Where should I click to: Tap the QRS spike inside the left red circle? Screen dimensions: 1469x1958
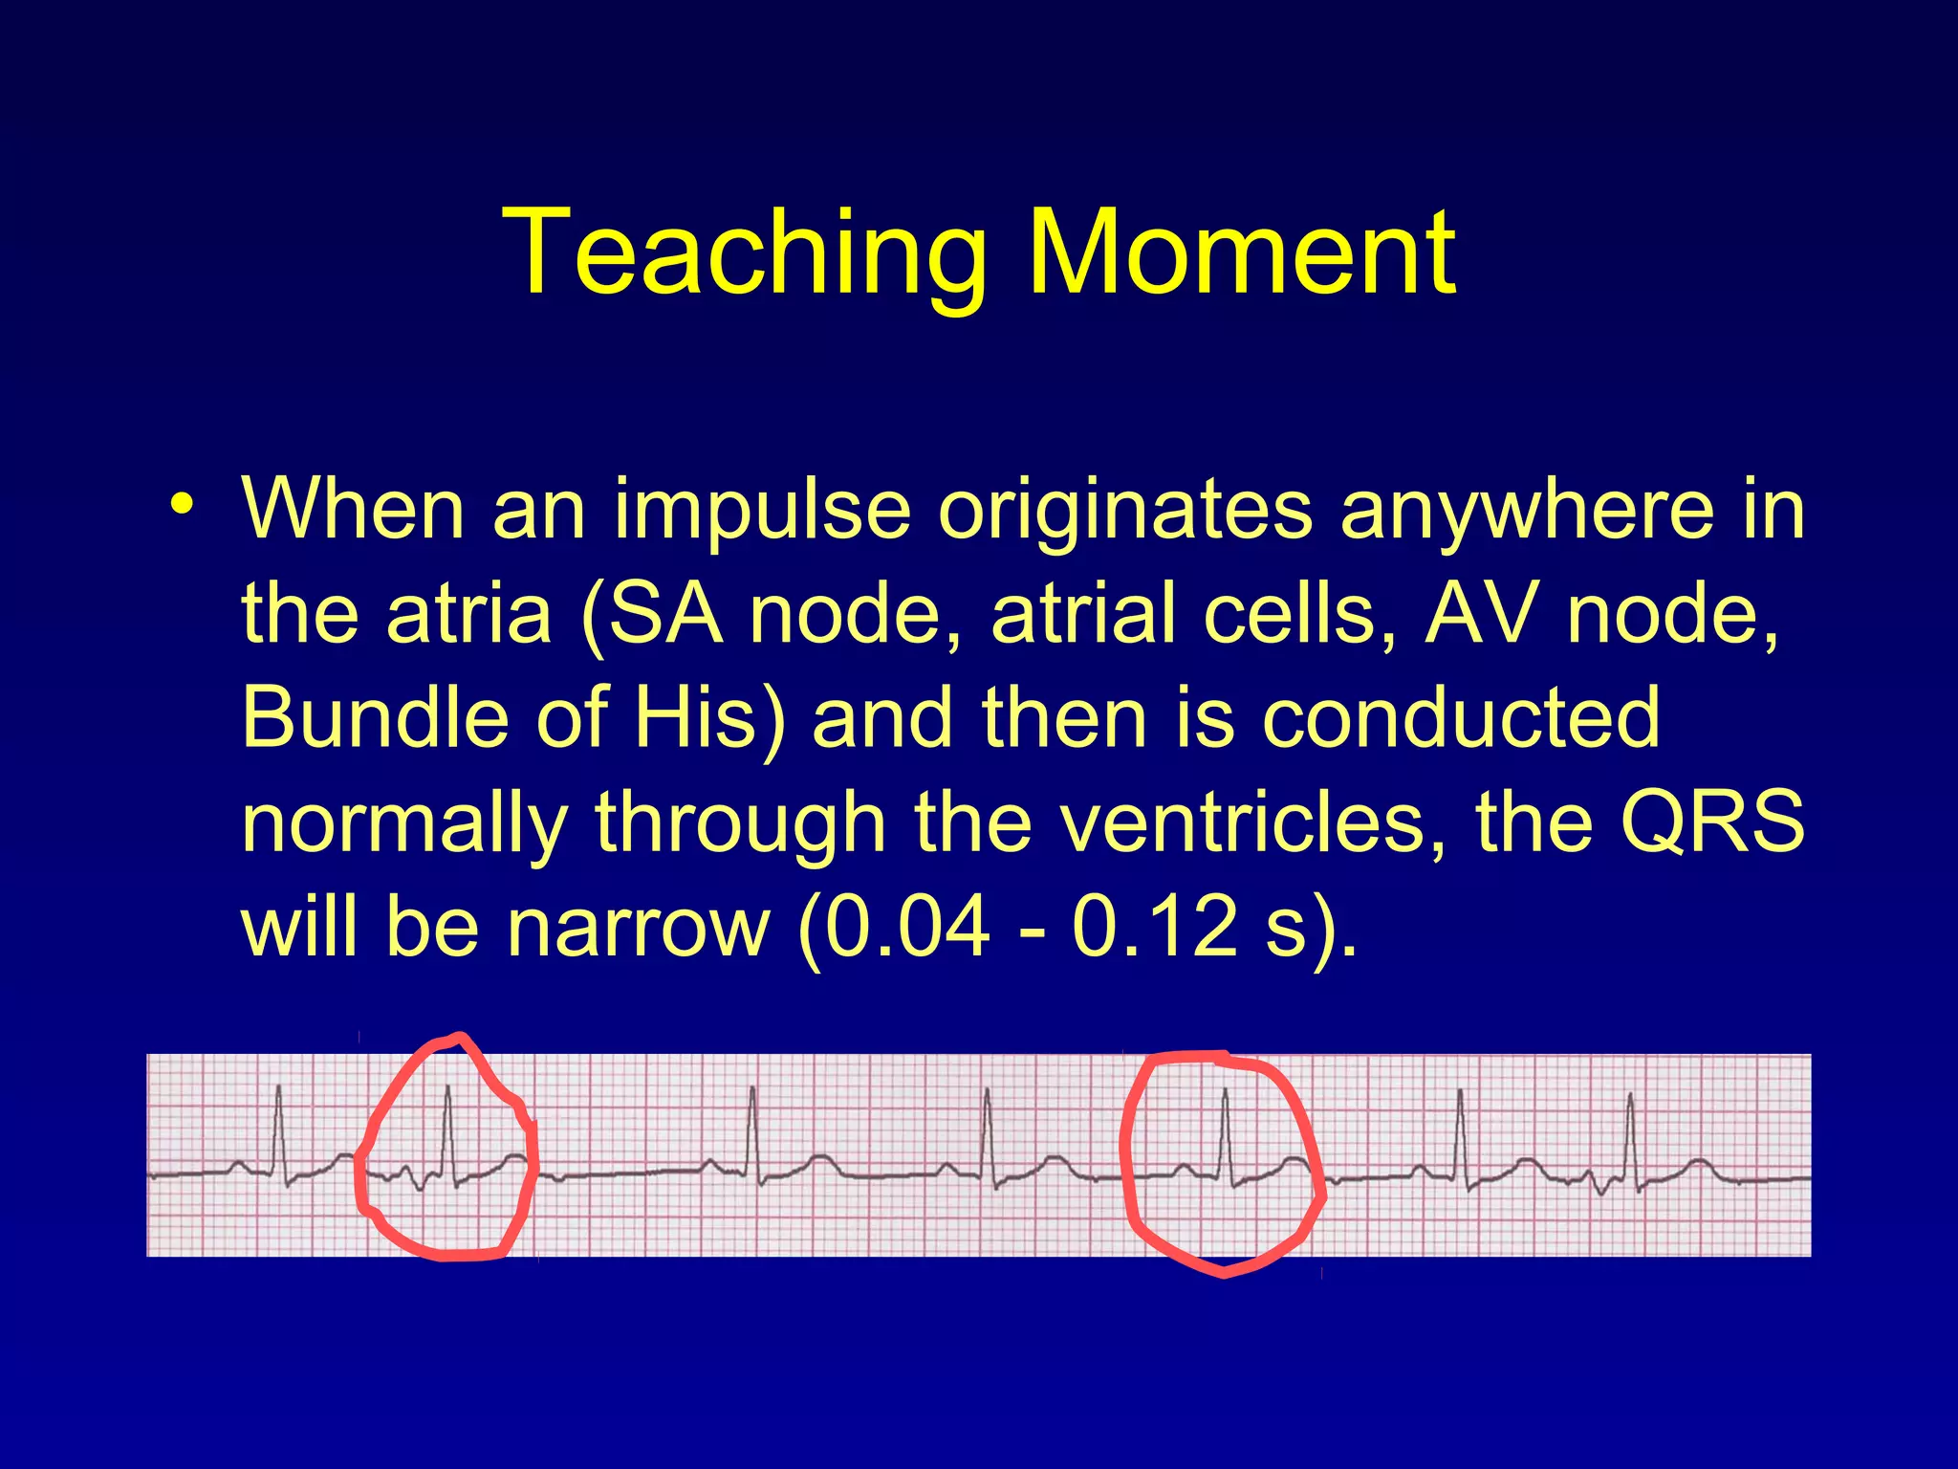point(447,1129)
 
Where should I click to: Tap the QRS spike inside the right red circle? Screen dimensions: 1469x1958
point(1225,1129)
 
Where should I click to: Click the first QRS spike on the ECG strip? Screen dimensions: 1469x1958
point(278,1129)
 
